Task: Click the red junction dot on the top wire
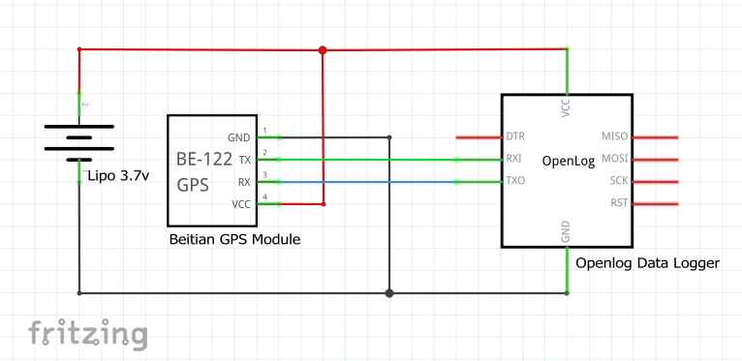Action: (323, 49)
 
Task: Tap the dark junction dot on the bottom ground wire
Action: (389, 292)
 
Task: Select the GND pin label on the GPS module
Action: (238, 137)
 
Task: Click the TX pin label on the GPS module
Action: (244, 159)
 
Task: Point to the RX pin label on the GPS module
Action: (244, 181)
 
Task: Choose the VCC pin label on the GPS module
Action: (239, 203)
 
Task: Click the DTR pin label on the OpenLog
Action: (515, 136)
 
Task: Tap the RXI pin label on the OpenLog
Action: (515, 159)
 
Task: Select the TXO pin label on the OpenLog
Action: (515, 181)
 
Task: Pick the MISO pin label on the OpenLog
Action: (615, 136)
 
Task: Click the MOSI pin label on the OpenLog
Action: (615, 159)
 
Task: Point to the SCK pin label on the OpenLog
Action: (619, 181)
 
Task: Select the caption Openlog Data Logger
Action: (647, 262)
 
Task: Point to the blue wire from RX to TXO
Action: (368, 181)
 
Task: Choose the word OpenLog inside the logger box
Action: (568, 160)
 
